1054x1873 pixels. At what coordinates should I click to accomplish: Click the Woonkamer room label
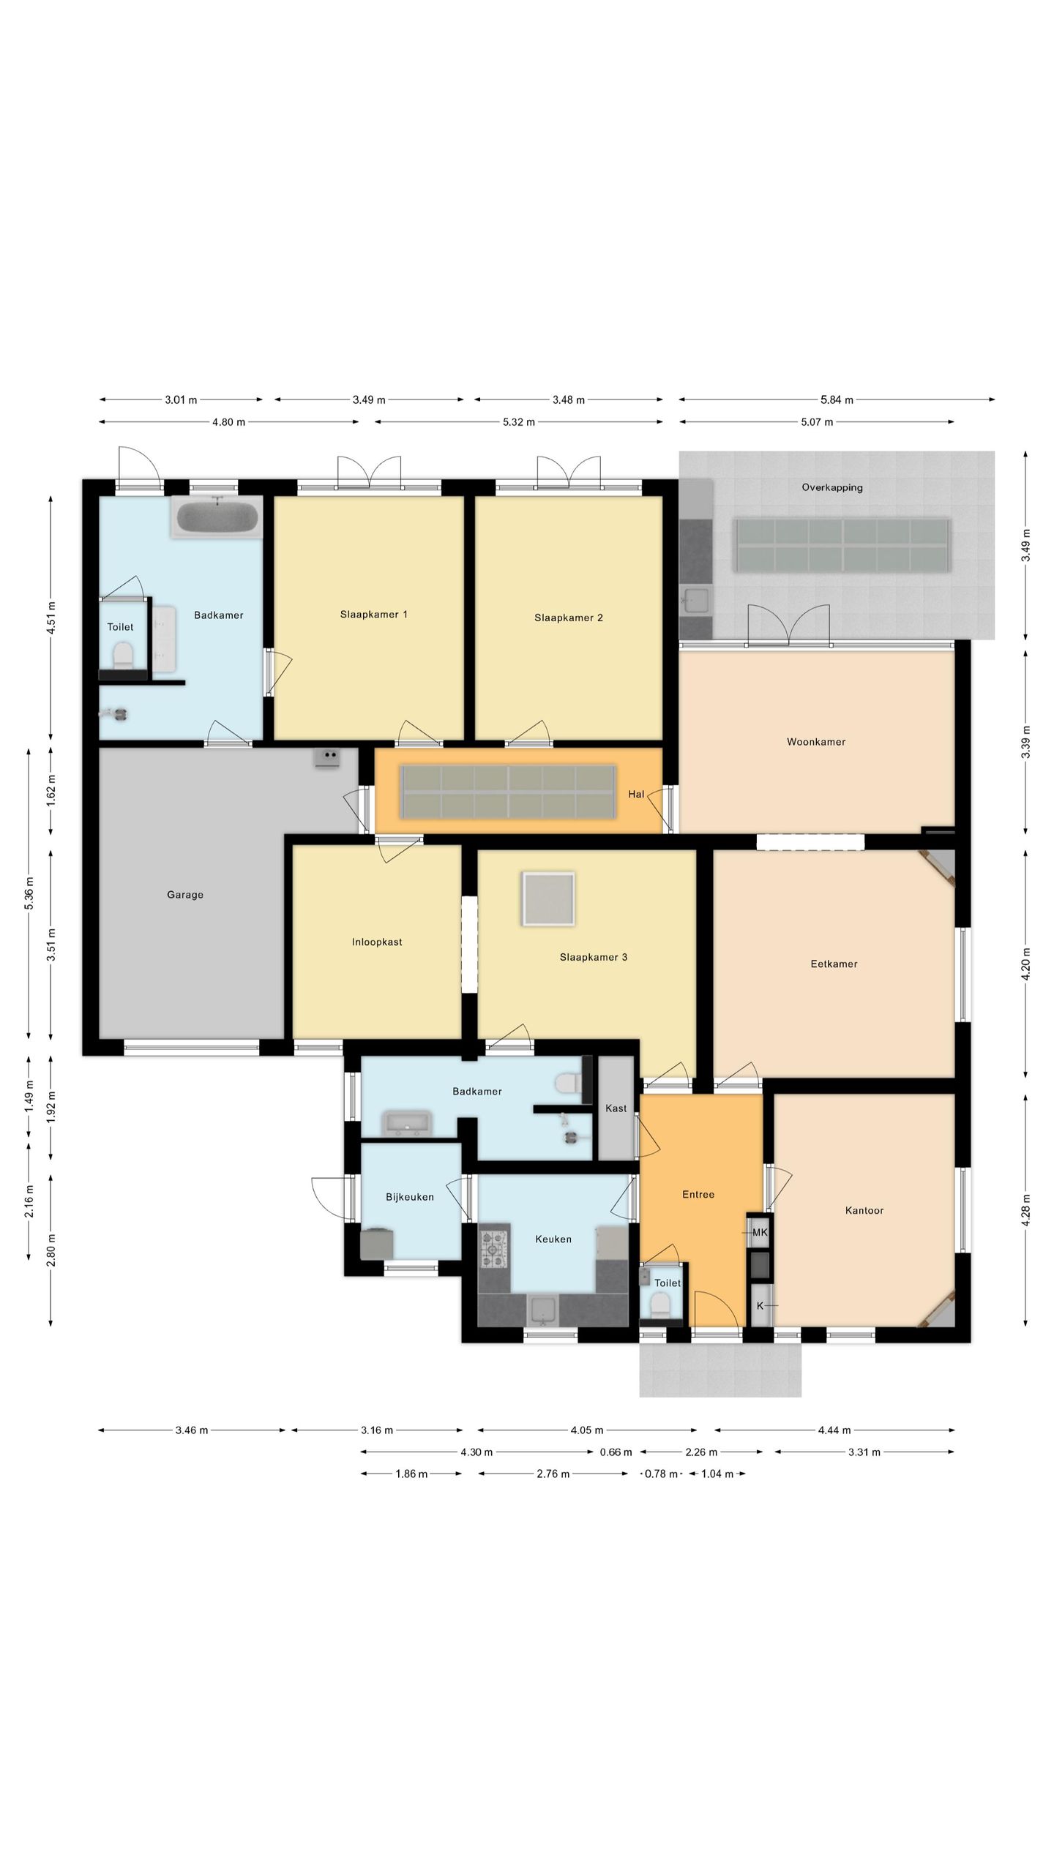point(816,742)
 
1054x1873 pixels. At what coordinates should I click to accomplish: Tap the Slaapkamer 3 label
point(594,957)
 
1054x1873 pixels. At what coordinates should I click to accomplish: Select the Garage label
point(185,894)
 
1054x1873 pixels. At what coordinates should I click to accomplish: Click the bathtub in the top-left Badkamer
point(217,517)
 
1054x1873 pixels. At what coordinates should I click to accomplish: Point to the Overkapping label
point(832,487)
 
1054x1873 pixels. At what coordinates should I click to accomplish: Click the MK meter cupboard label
point(760,1232)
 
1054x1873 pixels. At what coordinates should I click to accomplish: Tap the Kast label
point(616,1108)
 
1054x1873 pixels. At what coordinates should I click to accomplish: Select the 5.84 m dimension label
point(837,399)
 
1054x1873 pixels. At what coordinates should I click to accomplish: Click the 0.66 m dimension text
point(616,1452)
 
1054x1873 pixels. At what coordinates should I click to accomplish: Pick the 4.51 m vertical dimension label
point(51,618)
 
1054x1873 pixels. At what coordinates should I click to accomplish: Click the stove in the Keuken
point(493,1249)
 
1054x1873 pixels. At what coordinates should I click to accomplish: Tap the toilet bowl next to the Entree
point(659,1303)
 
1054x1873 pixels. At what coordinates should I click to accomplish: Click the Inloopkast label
point(377,942)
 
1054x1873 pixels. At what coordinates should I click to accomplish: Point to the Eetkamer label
point(834,964)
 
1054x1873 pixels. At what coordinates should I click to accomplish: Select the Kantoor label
point(864,1210)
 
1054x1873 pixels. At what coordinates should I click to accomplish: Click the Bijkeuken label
point(410,1197)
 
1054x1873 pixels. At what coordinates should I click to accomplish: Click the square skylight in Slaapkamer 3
point(548,898)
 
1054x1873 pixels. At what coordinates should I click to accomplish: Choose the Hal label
point(636,794)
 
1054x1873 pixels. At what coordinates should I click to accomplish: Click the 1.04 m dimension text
point(717,1474)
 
